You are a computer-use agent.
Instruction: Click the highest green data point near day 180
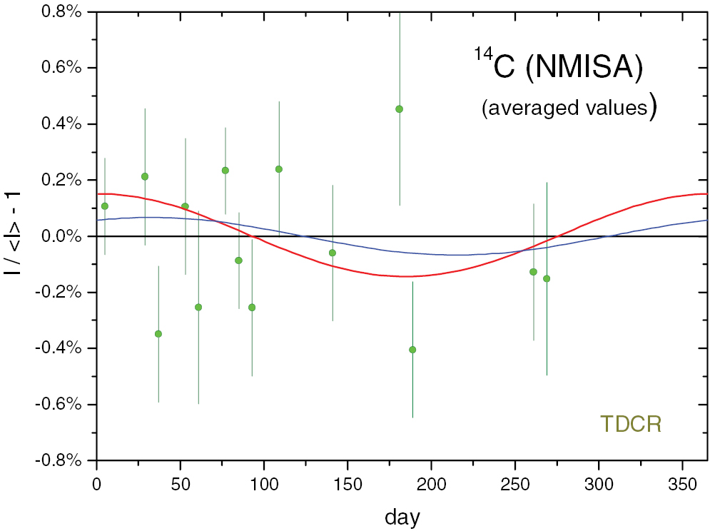399,109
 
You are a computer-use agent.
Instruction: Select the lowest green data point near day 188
412,349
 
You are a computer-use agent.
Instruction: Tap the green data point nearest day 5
105,206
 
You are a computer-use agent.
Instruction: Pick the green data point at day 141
333,253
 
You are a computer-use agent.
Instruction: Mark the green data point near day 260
533,272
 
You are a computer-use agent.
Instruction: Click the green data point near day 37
158,333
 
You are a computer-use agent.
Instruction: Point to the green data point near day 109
279,169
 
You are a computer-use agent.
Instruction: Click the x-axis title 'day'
402,515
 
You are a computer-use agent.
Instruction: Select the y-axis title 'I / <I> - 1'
16,236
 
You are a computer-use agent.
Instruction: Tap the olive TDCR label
630,424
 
